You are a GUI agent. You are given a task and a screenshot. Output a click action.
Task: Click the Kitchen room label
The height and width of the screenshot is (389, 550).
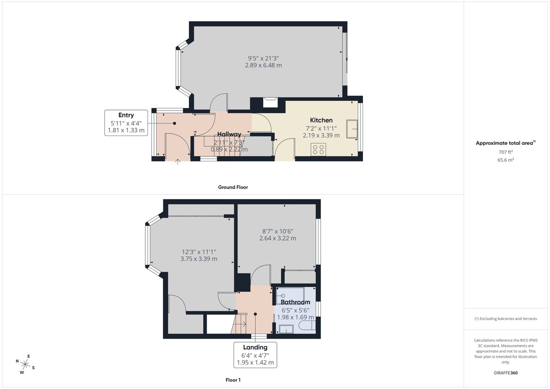(x=321, y=120)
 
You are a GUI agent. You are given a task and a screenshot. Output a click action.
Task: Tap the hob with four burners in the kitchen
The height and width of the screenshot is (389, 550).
(x=318, y=149)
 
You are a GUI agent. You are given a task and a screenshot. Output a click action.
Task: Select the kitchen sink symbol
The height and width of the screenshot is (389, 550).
(x=352, y=129)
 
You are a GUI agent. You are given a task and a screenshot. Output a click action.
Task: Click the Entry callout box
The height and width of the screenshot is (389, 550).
(x=126, y=122)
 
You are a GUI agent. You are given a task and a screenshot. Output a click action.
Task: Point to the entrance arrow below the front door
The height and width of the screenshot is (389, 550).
(x=178, y=161)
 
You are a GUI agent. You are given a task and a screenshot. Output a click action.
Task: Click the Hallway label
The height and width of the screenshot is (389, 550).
(x=229, y=134)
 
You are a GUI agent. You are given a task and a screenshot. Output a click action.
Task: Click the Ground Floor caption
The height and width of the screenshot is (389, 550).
(x=233, y=187)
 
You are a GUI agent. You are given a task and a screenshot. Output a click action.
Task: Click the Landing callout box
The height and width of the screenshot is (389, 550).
(x=255, y=355)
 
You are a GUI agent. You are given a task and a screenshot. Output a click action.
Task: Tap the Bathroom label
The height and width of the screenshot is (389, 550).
(x=295, y=302)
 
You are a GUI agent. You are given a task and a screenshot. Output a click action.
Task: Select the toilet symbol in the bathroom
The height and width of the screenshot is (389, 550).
(x=306, y=326)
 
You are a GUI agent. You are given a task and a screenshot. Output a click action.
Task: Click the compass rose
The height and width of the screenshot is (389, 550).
(x=26, y=365)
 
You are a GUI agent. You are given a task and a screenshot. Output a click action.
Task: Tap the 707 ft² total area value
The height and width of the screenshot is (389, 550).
(x=506, y=152)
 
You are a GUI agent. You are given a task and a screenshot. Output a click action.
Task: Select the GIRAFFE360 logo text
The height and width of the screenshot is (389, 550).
(x=506, y=373)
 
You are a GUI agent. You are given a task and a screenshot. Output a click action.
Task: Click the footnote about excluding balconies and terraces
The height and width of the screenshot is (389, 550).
(x=506, y=318)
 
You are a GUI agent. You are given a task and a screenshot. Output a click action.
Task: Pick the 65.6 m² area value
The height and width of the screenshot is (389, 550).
(x=506, y=160)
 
